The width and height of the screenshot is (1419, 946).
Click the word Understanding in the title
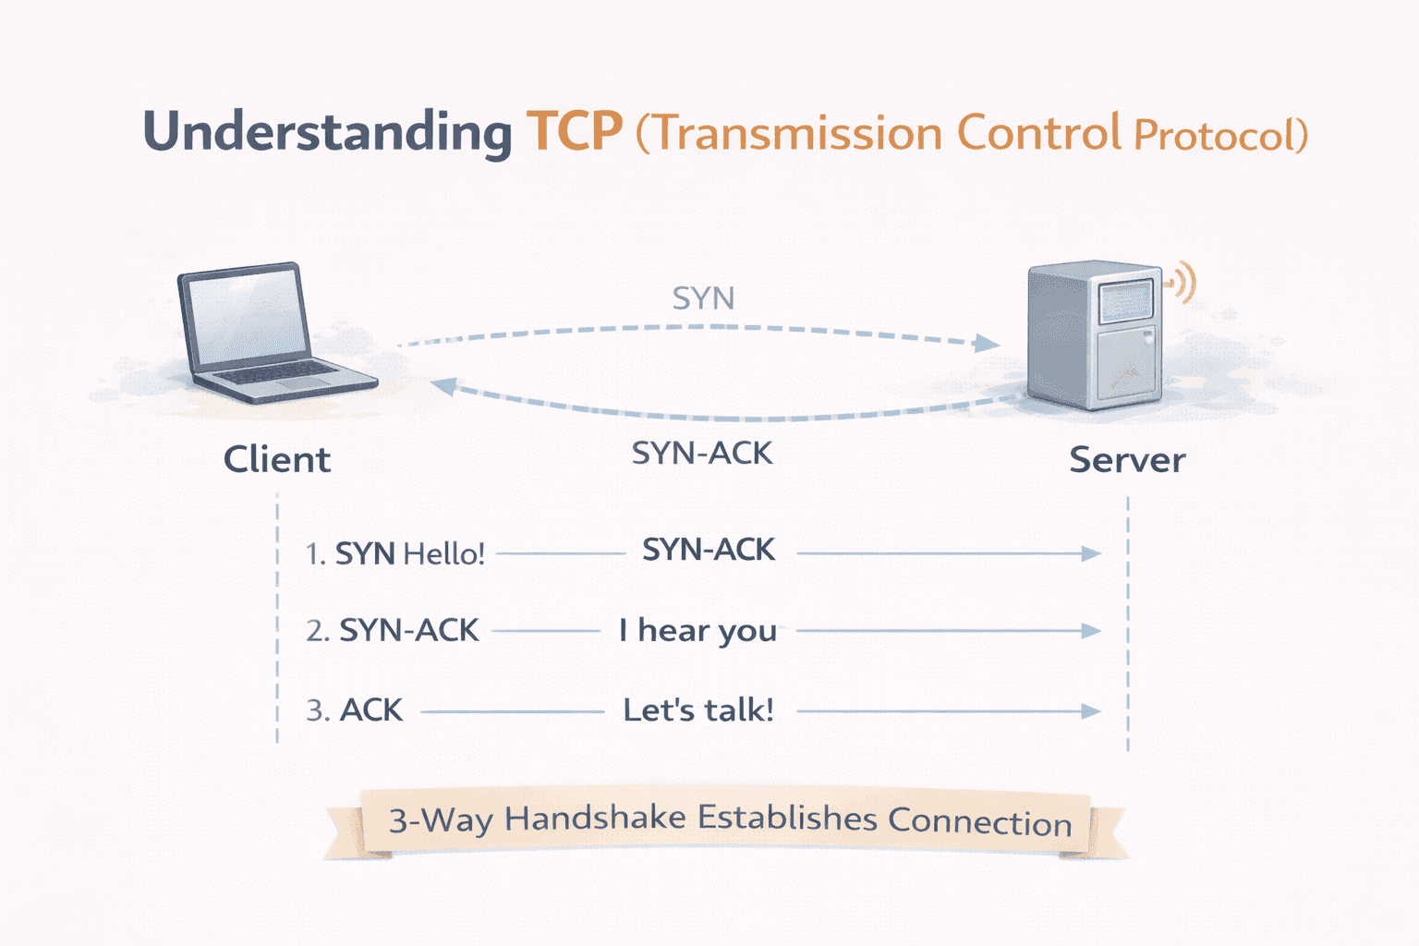click(x=327, y=132)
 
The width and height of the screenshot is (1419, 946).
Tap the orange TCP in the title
click(x=574, y=132)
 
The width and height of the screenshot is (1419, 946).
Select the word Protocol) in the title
click(x=1219, y=136)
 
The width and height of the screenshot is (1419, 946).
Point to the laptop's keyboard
click(x=277, y=373)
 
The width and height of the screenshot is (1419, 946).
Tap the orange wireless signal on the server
click(x=1182, y=282)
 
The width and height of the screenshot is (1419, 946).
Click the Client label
click(x=276, y=459)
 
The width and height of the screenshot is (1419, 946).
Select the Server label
click(x=1126, y=460)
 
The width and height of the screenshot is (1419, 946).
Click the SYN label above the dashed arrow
click(x=703, y=298)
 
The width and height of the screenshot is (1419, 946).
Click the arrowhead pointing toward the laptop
click(x=444, y=386)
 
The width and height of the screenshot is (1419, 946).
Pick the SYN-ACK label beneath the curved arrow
click(x=701, y=454)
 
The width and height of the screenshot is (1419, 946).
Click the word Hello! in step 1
click(x=444, y=554)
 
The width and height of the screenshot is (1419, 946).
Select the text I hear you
click(x=697, y=631)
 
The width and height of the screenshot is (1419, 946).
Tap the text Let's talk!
click(x=697, y=710)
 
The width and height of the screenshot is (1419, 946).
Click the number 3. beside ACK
click(x=317, y=710)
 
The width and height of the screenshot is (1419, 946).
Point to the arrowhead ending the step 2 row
click(x=1091, y=631)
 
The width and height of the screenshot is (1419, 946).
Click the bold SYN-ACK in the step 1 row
click(x=708, y=551)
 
